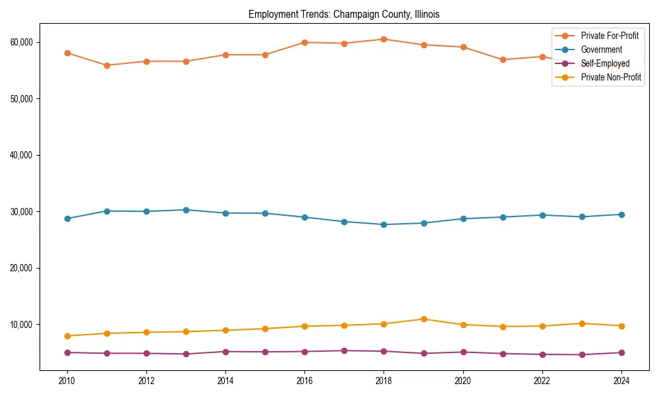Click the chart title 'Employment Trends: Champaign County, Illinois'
[x=343, y=14]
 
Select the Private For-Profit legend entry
[x=610, y=36]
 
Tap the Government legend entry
[x=601, y=49]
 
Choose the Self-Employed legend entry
[x=605, y=63]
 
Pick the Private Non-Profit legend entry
[x=611, y=77]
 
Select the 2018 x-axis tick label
[x=384, y=381]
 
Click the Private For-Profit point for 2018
[x=384, y=39]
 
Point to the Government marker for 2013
[x=186, y=210]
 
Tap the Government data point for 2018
[x=384, y=224]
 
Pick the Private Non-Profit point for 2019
[x=423, y=319]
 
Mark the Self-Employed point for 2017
[x=344, y=350]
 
